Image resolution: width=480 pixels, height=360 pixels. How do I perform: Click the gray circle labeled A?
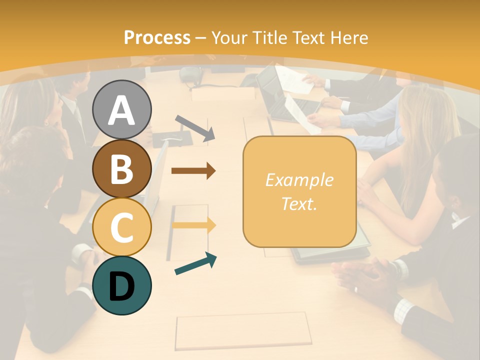click(122, 109)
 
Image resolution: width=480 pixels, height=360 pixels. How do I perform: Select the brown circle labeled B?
click(122, 168)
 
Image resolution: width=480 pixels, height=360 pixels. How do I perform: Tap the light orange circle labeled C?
click(122, 227)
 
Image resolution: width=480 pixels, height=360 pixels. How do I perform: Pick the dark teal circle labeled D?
click(122, 285)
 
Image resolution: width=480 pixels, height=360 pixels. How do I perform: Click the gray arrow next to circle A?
click(195, 127)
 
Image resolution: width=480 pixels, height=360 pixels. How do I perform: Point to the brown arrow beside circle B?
click(193, 171)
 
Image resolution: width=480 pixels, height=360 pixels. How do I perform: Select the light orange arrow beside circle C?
click(194, 225)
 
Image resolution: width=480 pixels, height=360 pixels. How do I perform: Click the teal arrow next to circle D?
click(195, 263)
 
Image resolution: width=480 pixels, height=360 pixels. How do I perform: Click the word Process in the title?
click(157, 37)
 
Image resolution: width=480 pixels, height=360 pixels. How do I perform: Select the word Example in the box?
click(299, 180)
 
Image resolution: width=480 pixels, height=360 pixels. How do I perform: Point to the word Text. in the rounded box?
click(299, 203)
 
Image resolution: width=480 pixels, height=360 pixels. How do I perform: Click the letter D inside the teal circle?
click(122, 286)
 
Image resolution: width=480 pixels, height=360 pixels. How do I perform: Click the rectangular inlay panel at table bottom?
click(243, 330)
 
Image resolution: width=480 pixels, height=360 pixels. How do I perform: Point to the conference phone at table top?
click(190, 75)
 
